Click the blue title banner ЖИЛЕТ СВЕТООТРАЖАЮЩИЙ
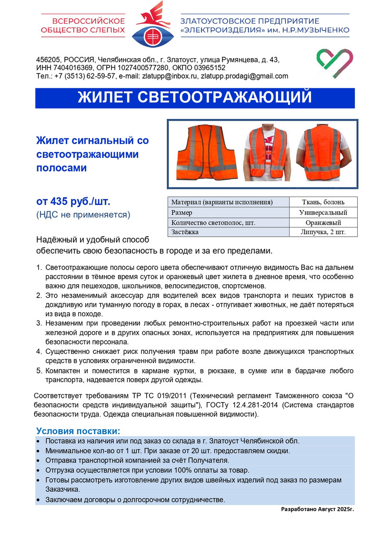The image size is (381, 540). tap(195, 98)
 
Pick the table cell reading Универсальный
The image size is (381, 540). tap(323, 212)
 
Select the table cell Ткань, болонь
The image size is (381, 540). tap(323, 202)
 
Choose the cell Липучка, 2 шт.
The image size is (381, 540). tap(323, 232)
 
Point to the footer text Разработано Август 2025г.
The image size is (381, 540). tap(318, 509)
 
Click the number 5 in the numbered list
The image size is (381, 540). tap(40, 371)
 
